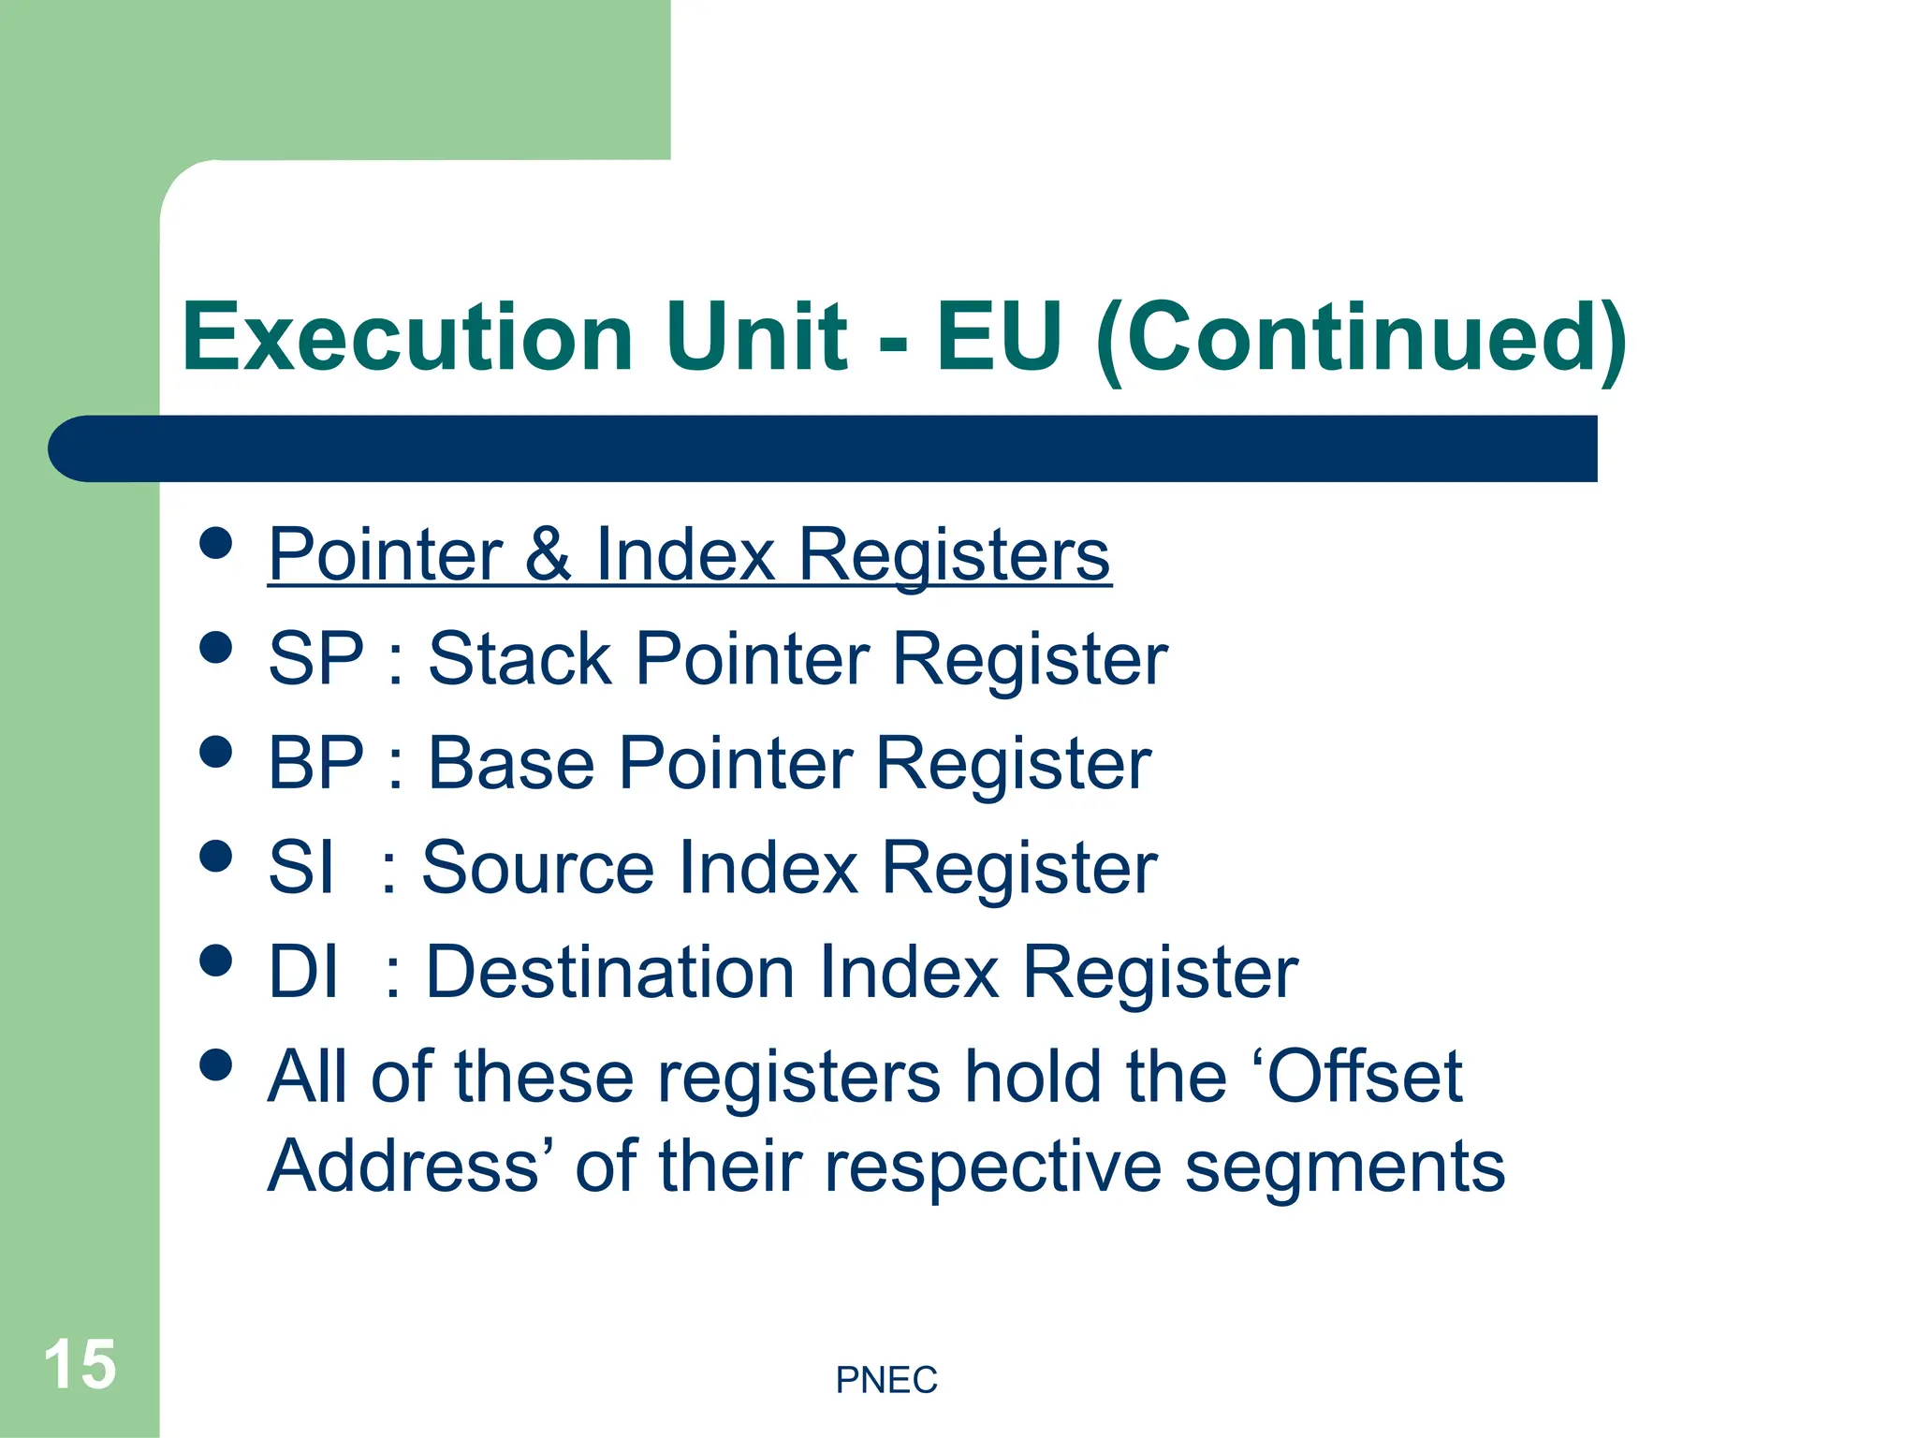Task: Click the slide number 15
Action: point(80,1364)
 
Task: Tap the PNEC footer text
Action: point(885,1380)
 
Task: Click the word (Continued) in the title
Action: point(1361,339)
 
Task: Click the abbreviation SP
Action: point(315,659)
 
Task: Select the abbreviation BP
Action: point(315,764)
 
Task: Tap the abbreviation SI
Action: point(300,868)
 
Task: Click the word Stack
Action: point(519,659)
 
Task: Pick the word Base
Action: point(511,764)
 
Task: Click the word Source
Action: point(537,868)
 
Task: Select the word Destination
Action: point(609,973)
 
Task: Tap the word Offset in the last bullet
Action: point(1366,1077)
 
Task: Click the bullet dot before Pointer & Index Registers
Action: point(216,544)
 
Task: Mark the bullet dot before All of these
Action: point(216,1065)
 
